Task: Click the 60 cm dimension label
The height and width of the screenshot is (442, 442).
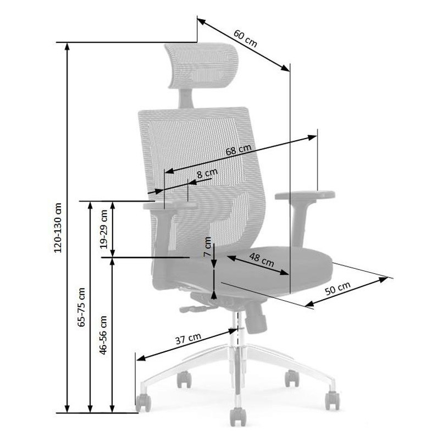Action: (245, 38)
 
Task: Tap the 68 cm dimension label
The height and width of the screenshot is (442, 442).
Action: (239, 150)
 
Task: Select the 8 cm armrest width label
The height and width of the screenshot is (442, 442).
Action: (207, 173)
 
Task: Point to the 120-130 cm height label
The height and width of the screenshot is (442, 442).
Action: (58, 228)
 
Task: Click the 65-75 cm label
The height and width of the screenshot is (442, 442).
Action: (81, 307)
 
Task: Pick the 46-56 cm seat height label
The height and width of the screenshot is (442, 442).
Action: (103, 335)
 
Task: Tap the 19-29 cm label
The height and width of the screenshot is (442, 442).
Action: (104, 229)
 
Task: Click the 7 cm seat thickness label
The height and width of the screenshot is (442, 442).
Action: (207, 246)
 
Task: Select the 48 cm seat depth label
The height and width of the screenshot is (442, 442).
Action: (261, 259)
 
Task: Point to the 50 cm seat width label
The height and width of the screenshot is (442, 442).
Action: (338, 288)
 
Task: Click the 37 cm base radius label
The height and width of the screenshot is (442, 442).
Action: (189, 339)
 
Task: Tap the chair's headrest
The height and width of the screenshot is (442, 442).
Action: (202, 65)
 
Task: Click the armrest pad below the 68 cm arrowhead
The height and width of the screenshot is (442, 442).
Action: (305, 195)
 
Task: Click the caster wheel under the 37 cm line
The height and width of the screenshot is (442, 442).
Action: (143, 403)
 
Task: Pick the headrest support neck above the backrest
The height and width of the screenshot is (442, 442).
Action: (186, 98)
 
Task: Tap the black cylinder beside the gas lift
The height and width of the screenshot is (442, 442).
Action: (256, 317)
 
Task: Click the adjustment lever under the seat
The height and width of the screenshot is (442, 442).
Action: (197, 308)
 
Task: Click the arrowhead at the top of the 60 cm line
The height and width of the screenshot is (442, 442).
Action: (201, 21)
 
